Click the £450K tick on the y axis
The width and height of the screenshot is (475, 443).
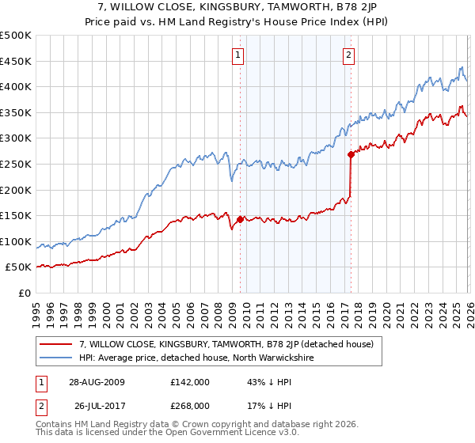[x=16, y=61]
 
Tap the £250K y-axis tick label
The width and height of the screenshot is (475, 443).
[x=16, y=164]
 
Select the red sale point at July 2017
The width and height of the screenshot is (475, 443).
[x=350, y=155]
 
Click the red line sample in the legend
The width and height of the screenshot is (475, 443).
[x=56, y=344]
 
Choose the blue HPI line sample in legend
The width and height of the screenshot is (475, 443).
[x=56, y=358]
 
